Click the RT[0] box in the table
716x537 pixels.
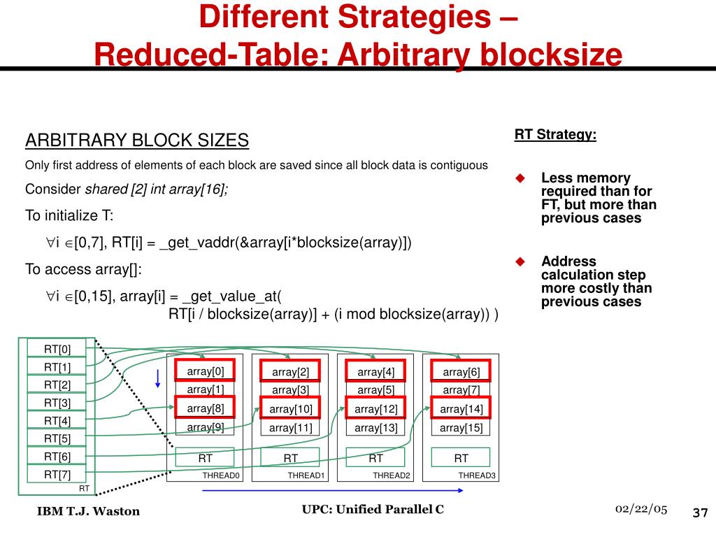point(58,348)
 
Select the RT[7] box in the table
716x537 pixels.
point(58,475)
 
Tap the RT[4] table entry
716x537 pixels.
point(58,420)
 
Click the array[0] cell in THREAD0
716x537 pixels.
point(206,371)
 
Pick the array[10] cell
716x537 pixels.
point(291,408)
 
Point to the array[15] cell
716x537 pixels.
point(461,428)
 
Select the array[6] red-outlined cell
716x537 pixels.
point(461,372)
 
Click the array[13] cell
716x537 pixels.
point(376,428)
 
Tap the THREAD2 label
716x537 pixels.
point(392,476)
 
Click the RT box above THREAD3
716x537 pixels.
point(461,458)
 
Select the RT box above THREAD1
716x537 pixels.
point(291,458)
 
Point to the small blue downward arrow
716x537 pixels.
point(159,378)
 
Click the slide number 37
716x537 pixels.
point(700,513)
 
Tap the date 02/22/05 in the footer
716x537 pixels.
point(641,508)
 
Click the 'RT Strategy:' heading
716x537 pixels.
point(556,134)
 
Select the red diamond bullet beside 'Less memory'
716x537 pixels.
point(520,178)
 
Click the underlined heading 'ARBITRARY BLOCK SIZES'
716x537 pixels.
point(137,141)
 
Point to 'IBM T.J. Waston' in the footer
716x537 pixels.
point(88,511)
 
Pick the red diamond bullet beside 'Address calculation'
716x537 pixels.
point(520,262)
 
